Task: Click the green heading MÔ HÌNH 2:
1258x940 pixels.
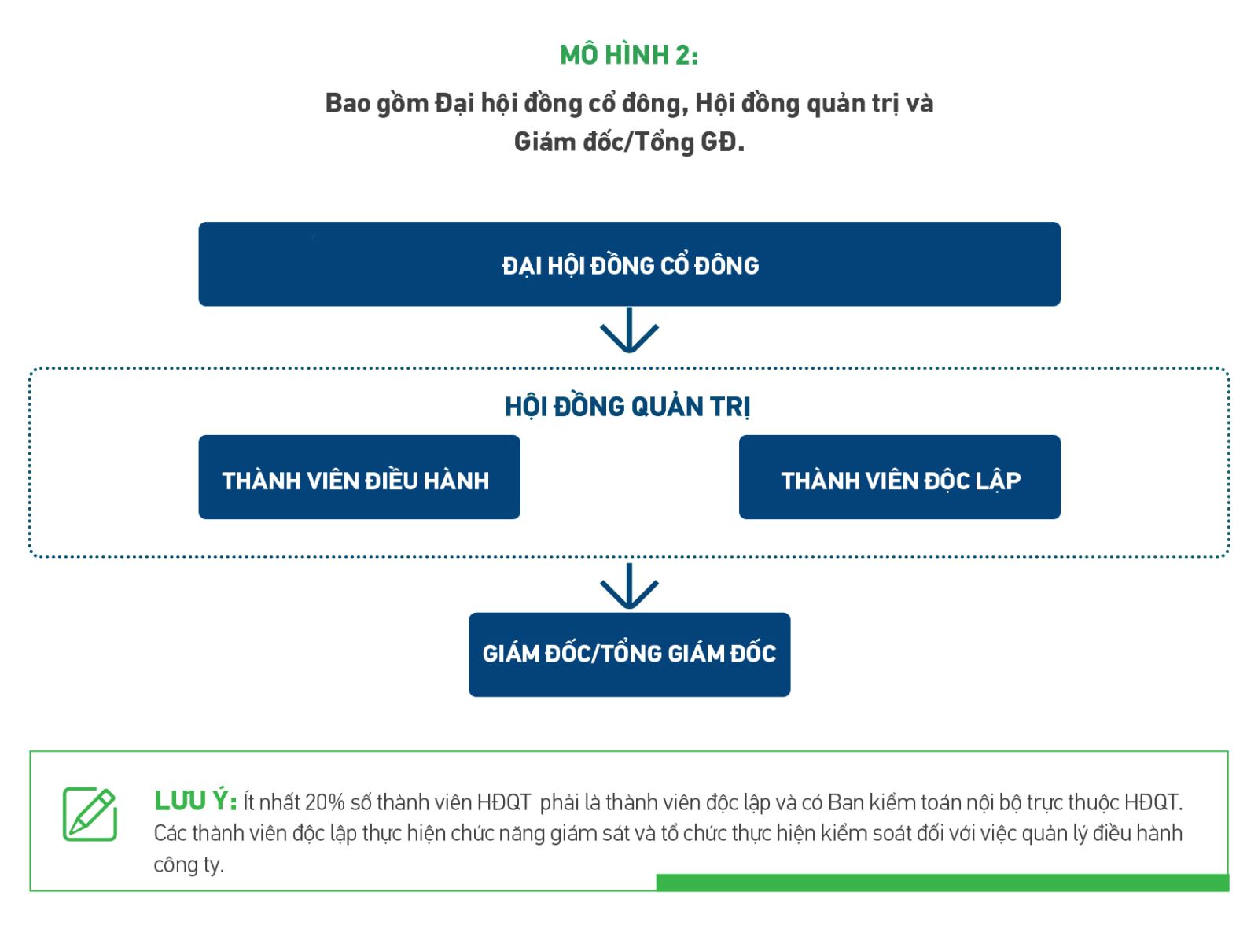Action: pos(629,56)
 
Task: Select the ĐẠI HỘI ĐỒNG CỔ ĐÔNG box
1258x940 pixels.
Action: pos(629,264)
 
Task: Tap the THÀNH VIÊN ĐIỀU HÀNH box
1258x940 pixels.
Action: pos(359,477)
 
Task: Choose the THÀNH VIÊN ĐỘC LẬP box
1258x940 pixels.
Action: pos(899,477)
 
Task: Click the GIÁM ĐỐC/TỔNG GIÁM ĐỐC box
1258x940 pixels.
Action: pos(629,654)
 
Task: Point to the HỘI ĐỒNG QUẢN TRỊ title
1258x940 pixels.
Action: pos(627,407)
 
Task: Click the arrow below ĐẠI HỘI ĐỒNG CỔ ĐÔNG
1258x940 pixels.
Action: pos(629,330)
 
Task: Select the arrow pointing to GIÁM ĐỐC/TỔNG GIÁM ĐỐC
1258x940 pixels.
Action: pos(629,586)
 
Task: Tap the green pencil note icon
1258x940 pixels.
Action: pos(90,814)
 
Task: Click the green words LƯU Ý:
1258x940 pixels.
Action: pos(196,802)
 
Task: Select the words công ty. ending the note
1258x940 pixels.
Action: pos(189,865)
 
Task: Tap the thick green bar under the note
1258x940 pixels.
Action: pos(942,883)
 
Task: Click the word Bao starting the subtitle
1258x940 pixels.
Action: pos(348,104)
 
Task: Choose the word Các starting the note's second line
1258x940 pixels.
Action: pos(170,833)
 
